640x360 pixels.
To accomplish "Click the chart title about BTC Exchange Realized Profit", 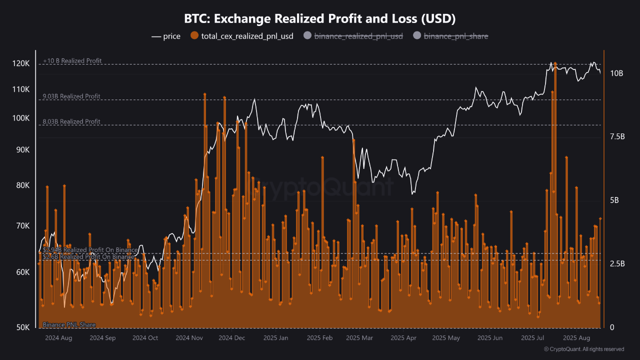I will click(320, 19).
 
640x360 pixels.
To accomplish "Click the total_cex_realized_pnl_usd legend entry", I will click(242, 36).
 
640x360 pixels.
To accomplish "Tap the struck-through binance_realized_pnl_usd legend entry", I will click(357, 36).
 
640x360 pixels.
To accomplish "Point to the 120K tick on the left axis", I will click(21, 64).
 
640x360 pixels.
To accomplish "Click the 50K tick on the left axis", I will click(22, 327).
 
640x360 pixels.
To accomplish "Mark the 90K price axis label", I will click(22, 150).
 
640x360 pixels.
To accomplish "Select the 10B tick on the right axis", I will click(616, 73).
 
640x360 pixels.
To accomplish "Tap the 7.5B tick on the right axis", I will click(617, 136).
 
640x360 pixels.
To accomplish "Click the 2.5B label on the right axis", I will click(617, 263).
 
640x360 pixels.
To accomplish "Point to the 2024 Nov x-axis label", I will click(189, 338).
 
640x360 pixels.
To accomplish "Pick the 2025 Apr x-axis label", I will click(403, 338).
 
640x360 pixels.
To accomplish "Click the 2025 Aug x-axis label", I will click(577, 338).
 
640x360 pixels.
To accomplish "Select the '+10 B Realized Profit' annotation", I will click(72, 61).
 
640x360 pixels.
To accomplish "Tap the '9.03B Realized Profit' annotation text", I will click(71, 96).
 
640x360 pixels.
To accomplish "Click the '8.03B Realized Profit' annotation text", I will click(71, 121).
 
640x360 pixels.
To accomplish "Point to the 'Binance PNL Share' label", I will click(69, 325).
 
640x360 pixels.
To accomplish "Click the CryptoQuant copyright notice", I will click(584, 349).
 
